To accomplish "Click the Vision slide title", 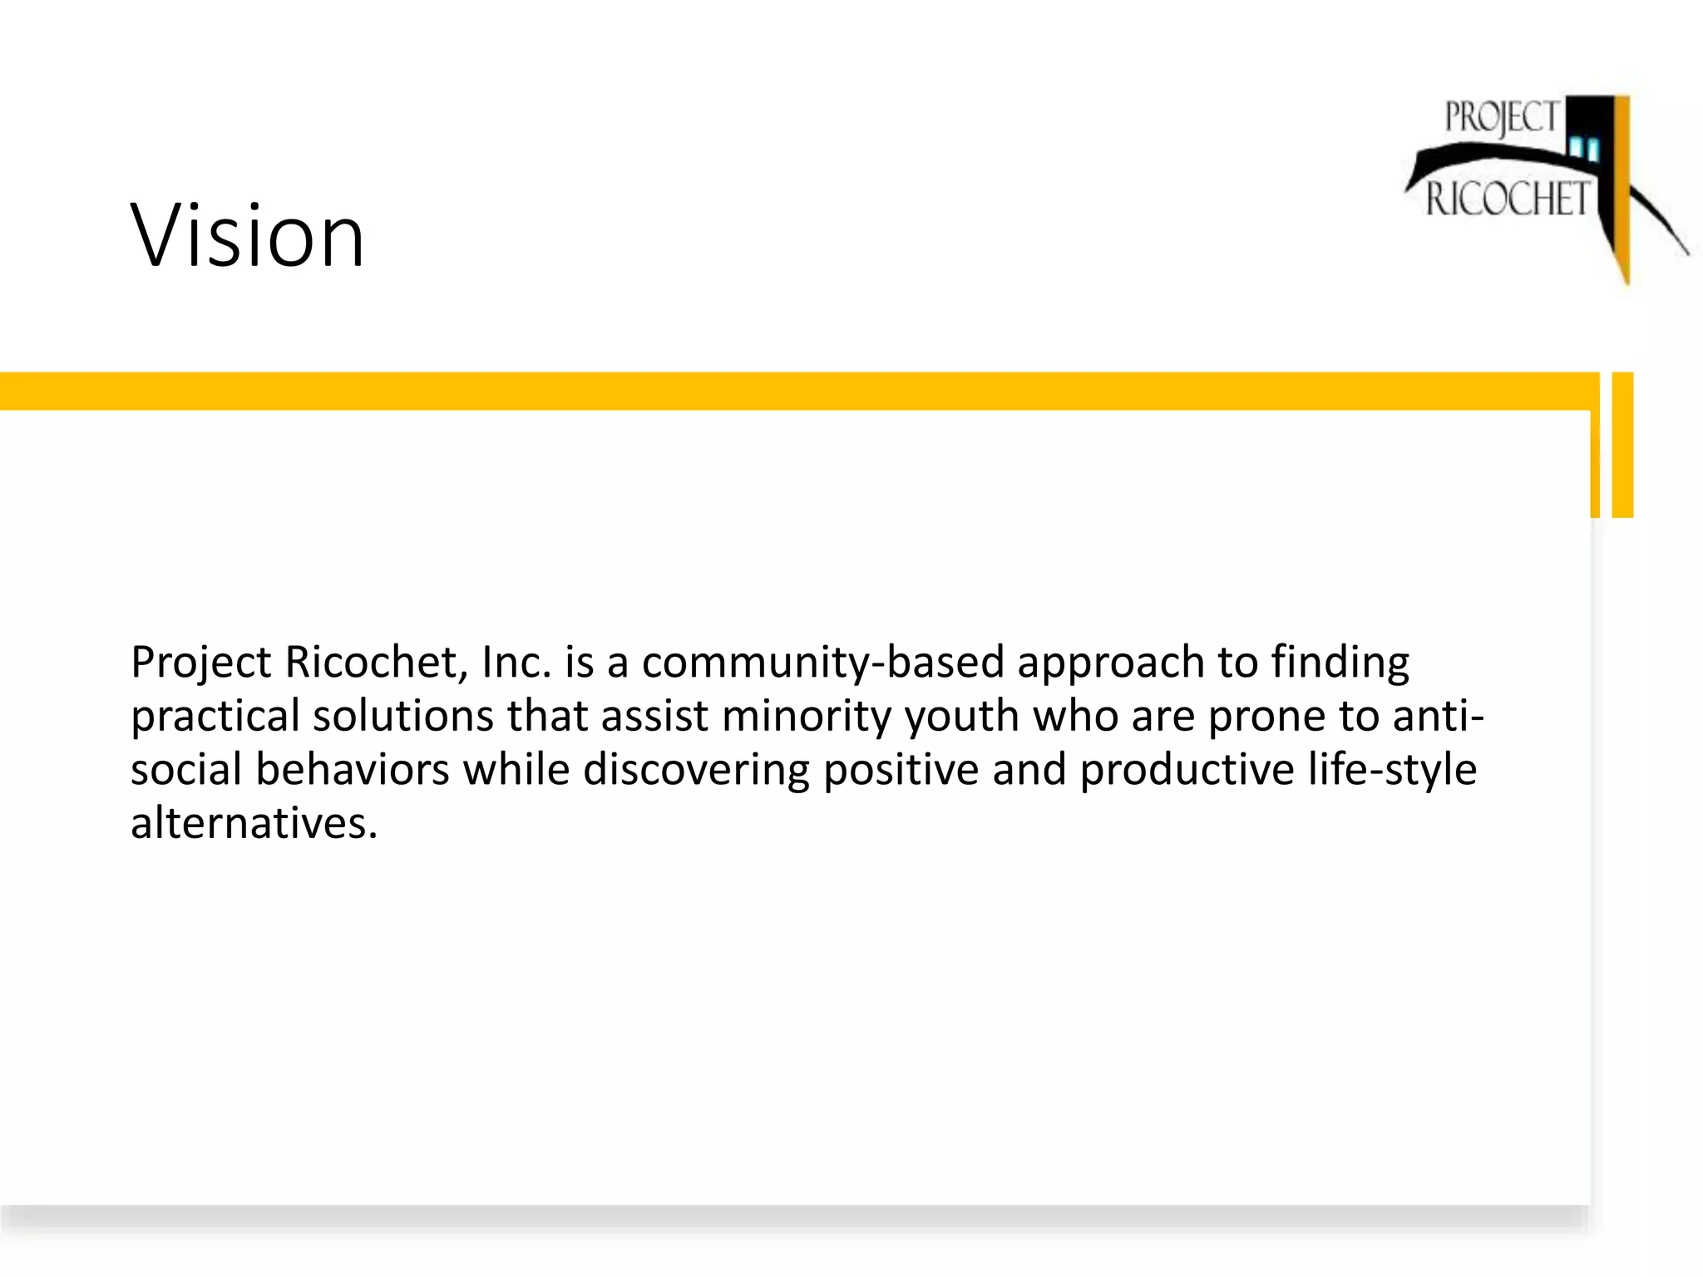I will pyautogui.click(x=247, y=236).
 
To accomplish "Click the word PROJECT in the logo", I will pyautogui.click(x=1500, y=118).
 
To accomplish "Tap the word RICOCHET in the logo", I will pyautogui.click(x=1507, y=200).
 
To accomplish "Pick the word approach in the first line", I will pyautogui.click(x=1110, y=663).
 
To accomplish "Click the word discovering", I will pyautogui.click(x=696, y=770).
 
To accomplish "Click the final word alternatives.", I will pyautogui.click(x=254, y=823).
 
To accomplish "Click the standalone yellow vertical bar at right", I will pyautogui.click(x=1622, y=445).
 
